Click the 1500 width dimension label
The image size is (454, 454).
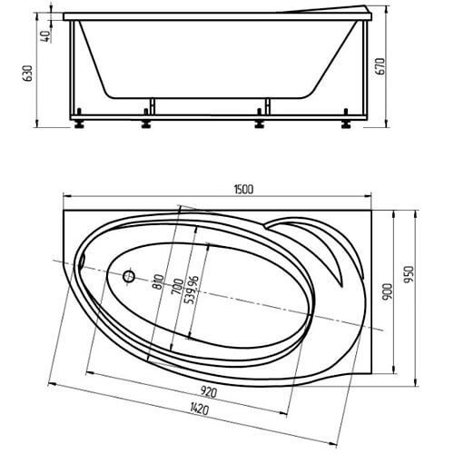243,190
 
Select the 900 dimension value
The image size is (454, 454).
387,291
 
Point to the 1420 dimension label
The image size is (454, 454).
200,410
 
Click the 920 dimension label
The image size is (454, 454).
209,392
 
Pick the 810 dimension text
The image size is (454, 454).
159,281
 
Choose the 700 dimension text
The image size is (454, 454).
177,287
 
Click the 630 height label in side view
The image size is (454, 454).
27,74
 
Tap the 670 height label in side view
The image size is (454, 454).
380,66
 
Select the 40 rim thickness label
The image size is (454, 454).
46,36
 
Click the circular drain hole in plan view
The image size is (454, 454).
129,276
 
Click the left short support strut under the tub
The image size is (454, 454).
153,106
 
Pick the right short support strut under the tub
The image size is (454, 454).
267,106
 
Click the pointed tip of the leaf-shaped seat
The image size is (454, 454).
341,286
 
